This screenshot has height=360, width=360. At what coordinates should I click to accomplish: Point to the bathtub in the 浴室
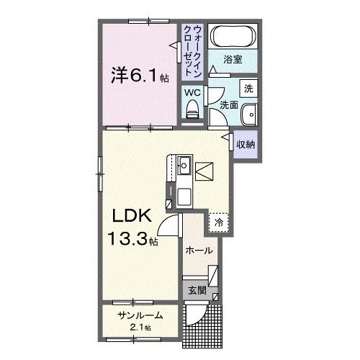231,35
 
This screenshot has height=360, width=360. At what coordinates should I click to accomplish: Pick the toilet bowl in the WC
192,109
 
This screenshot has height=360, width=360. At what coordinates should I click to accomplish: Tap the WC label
192,92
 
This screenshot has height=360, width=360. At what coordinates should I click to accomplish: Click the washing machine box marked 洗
248,89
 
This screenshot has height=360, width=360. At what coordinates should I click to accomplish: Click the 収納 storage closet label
246,145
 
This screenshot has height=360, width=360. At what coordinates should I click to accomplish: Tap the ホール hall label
199,251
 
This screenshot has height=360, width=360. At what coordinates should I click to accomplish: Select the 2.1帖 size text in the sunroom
142,328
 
